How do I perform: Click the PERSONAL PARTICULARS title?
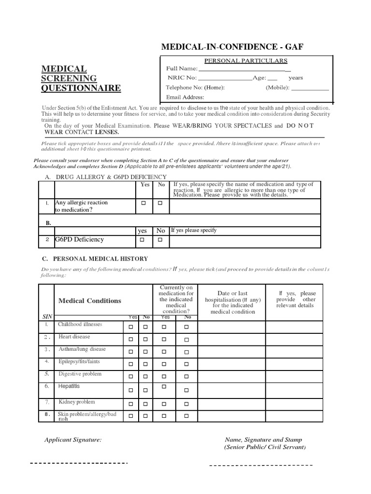click(x=246, y=61)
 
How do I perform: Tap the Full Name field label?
click(x=182, y=69)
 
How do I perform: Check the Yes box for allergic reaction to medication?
click(x=143, y=204)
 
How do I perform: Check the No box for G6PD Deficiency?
click(x=160, y=239)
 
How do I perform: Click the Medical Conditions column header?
click(x=90, y=301)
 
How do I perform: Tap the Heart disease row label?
click(x=74, y=337)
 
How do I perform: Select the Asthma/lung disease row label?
click(x=82, y=349)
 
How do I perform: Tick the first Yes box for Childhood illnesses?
click(x=130, y=327)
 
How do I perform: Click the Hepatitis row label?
click(x=69, y=386)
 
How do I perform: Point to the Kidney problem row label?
click(x=77, y=402)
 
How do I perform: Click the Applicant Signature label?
click(x=73, y=439)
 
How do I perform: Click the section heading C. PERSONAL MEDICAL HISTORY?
click(x=96, y=259)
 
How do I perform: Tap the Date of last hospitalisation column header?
click(x=233, y=302)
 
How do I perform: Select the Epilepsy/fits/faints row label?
click(x=79, y=361)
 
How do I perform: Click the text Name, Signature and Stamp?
click(x=263, y=439)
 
